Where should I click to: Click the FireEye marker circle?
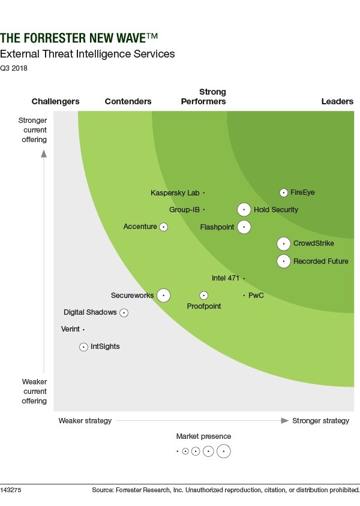coord(284,192)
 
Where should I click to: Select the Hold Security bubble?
coord(244,210)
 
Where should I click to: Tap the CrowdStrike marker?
coord(284,243)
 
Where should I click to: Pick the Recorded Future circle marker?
coord(284,261)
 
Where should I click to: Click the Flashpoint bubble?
coord(244,227)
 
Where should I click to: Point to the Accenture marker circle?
coord(163,227)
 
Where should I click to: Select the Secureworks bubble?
coord(163,295)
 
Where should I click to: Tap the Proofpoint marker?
coord(204,295)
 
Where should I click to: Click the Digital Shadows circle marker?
coord(124,312)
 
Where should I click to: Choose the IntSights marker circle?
coord(84,347)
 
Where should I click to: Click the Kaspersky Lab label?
coord(175,193)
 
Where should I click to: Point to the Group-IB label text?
coord(184,210)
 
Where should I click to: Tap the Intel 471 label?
coord(226,278)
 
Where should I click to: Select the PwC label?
coord(256,296)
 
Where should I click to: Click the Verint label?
coord(70,329)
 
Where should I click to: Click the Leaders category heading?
coord(337,101)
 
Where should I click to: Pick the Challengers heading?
coord(55,101)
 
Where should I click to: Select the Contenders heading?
coord(128,101)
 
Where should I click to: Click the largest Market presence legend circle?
coord(224,451)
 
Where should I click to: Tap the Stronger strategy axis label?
coord(320,421)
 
